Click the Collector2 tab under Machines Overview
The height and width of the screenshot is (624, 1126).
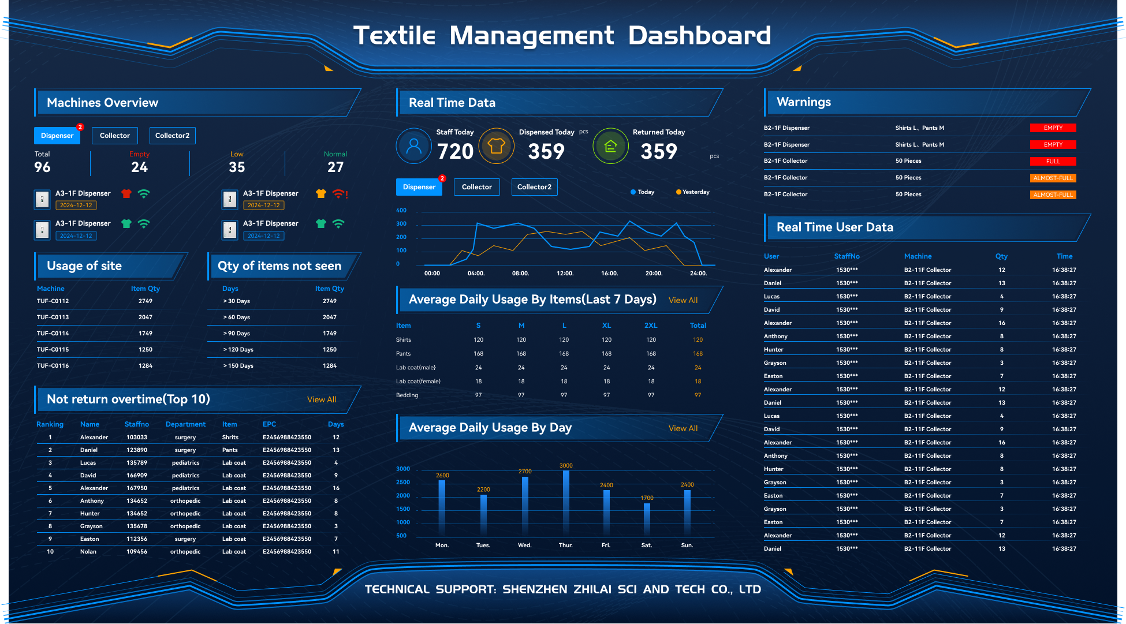click(172, 136)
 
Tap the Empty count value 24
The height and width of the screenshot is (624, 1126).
click(139, 167)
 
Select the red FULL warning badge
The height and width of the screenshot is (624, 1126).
click(1053, 162)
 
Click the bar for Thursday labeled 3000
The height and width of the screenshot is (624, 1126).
click(566, 501)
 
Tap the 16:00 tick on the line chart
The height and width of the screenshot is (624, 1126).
click(609, 274)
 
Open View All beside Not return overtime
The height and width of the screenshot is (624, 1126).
click(322, 399)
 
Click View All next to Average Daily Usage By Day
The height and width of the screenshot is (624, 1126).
click(683, 428)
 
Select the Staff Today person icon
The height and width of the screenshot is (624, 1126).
click(414, 146)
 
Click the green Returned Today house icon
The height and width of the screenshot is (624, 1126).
click(610, 146)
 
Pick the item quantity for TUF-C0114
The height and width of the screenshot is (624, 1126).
click(146, 334)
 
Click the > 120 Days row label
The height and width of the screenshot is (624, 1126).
click(238, 350)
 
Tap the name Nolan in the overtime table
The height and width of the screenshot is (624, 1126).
click(88, 552)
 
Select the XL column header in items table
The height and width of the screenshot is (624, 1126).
click(606, 326)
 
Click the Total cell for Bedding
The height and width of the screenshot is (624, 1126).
click(698, 395)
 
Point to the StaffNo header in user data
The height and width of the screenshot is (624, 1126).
click(847, 256)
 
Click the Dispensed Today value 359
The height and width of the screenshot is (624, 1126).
click(546, 152)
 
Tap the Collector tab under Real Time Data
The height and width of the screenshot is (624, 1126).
click(476, 187)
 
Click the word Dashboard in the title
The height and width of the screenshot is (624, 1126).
click(699, 36)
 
